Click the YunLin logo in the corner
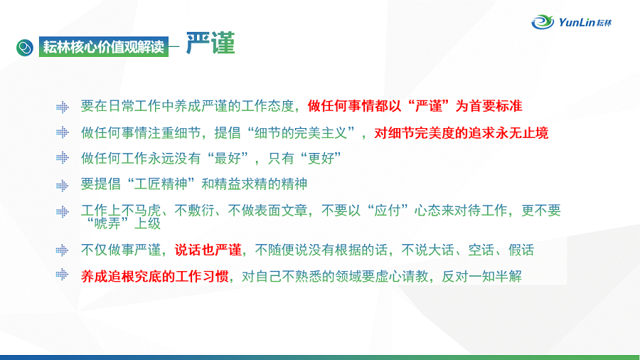[572, 22]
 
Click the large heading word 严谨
[210, 43]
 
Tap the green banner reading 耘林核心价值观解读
[104, 46]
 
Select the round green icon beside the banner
[25, 48]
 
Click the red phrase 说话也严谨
[208, 250]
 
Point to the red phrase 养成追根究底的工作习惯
[155, 276]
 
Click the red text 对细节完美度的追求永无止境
[462, 133]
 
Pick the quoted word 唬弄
[107, 223]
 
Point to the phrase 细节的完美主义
[301, 133]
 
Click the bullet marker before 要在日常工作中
[63, 107]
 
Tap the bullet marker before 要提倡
[63, 186]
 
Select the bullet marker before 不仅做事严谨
[63, 250]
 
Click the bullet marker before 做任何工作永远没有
[63, 157]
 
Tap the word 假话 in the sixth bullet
[521, 250]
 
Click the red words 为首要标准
[489, 106]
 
